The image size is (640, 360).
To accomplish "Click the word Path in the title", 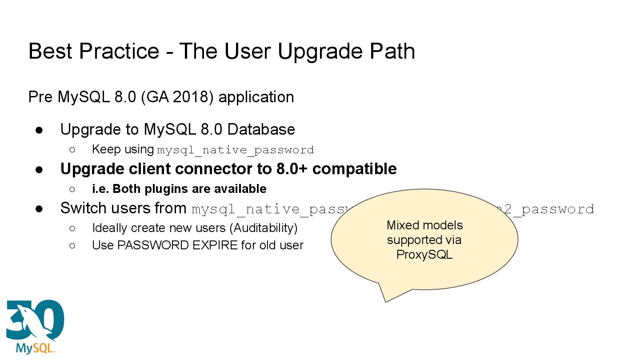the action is tap(392, 52).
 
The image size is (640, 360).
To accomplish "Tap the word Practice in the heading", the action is tap(119, 52).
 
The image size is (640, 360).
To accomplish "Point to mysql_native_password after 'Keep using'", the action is tap(236, 150).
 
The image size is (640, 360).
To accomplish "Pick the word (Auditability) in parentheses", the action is tap(265, 228).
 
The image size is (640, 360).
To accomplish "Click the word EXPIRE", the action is tap(215, 245).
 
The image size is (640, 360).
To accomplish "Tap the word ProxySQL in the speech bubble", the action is tap(424, 255).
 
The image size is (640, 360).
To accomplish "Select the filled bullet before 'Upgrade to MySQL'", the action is tap(39, 130).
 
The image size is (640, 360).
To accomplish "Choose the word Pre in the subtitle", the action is tap(41, 97).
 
